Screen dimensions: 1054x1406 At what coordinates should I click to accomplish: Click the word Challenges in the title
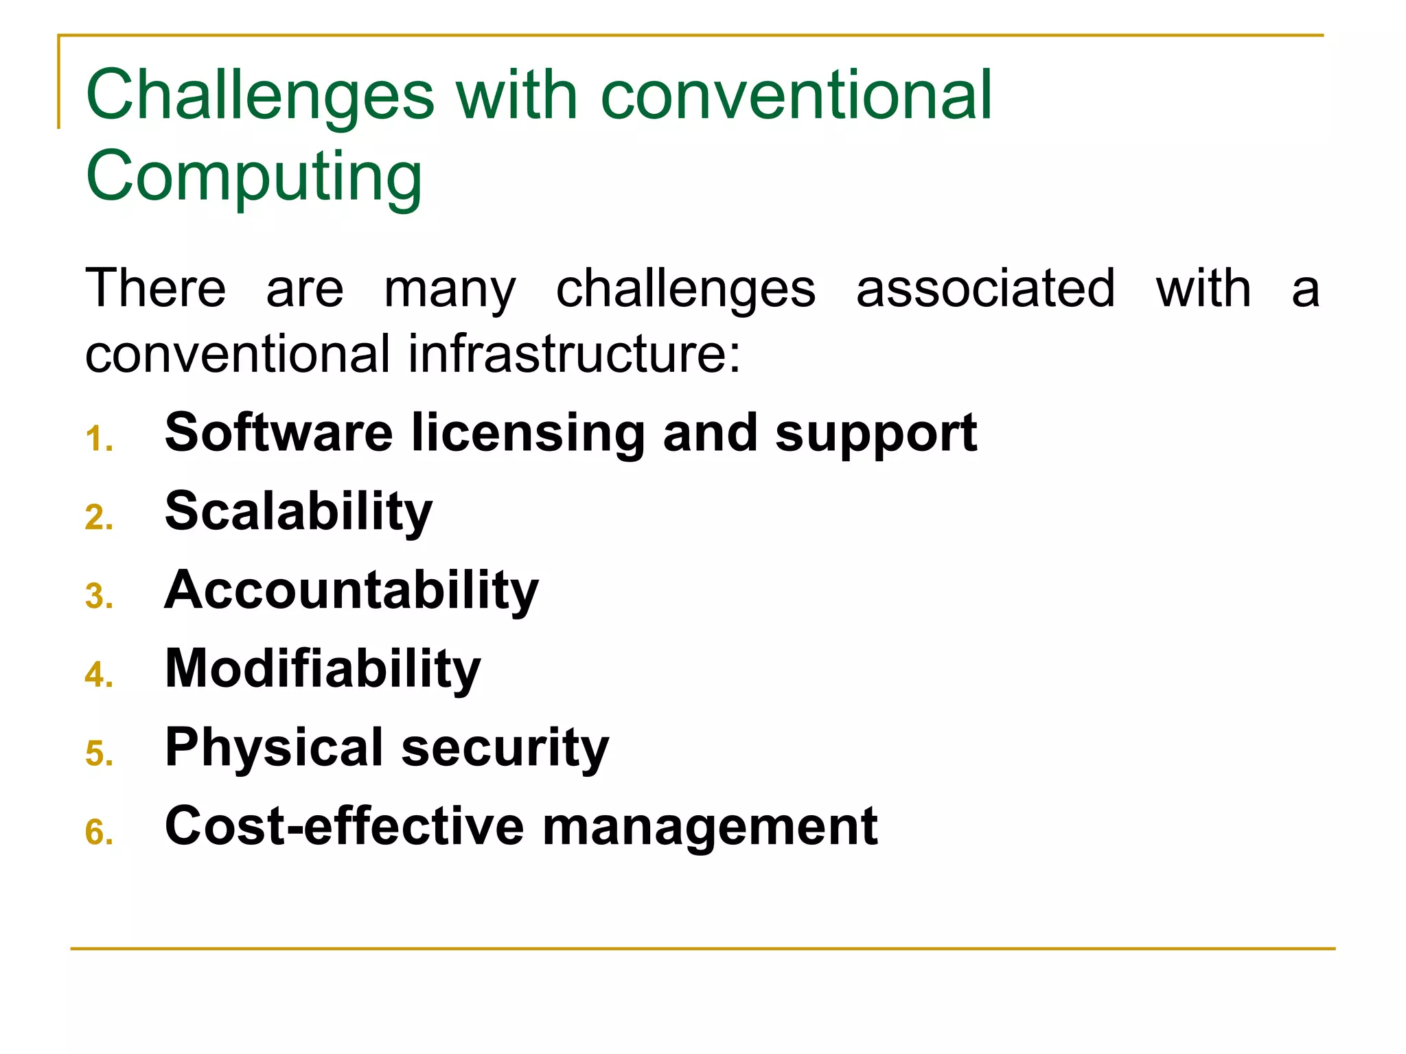[260, 96]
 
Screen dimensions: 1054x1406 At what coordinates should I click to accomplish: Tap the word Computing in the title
[253, 176]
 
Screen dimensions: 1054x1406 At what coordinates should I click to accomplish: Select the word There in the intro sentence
[155, 288]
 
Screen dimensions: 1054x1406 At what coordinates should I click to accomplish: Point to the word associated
[985, 288]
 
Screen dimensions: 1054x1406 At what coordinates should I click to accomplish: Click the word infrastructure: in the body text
[575, 354]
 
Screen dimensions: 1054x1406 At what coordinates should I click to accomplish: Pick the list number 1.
[98, 439]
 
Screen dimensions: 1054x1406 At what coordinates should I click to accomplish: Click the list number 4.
[98, 675]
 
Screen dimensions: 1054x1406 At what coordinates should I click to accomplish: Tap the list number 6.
[98, 832]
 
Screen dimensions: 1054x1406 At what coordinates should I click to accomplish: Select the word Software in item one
[278, 433]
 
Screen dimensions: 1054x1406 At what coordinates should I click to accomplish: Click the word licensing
[528, 433]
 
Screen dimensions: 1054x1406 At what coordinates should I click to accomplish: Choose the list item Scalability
[299, 512]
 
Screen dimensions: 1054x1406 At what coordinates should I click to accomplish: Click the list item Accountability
[351, 590]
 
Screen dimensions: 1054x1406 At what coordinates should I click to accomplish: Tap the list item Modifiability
[323, 669]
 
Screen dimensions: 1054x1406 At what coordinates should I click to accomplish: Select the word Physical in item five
[274, 748]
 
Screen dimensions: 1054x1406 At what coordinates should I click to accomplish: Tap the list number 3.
[98, 596]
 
